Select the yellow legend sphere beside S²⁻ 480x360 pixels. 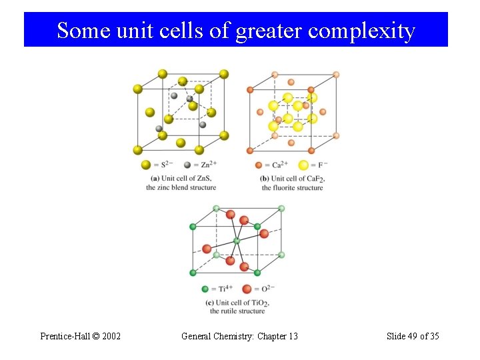(x=146, y=165)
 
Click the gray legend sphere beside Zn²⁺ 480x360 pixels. (x=187, y=165)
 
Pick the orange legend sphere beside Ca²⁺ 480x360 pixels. (x=259, y=165)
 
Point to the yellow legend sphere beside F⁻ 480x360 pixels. (x=304, y=165)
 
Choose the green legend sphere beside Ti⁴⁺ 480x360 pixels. (x=205, y=289)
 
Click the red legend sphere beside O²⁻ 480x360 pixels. (x=247, y=289)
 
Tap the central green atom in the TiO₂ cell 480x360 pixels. (x=236, y=241)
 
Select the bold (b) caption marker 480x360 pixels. (x=264, y=179)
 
